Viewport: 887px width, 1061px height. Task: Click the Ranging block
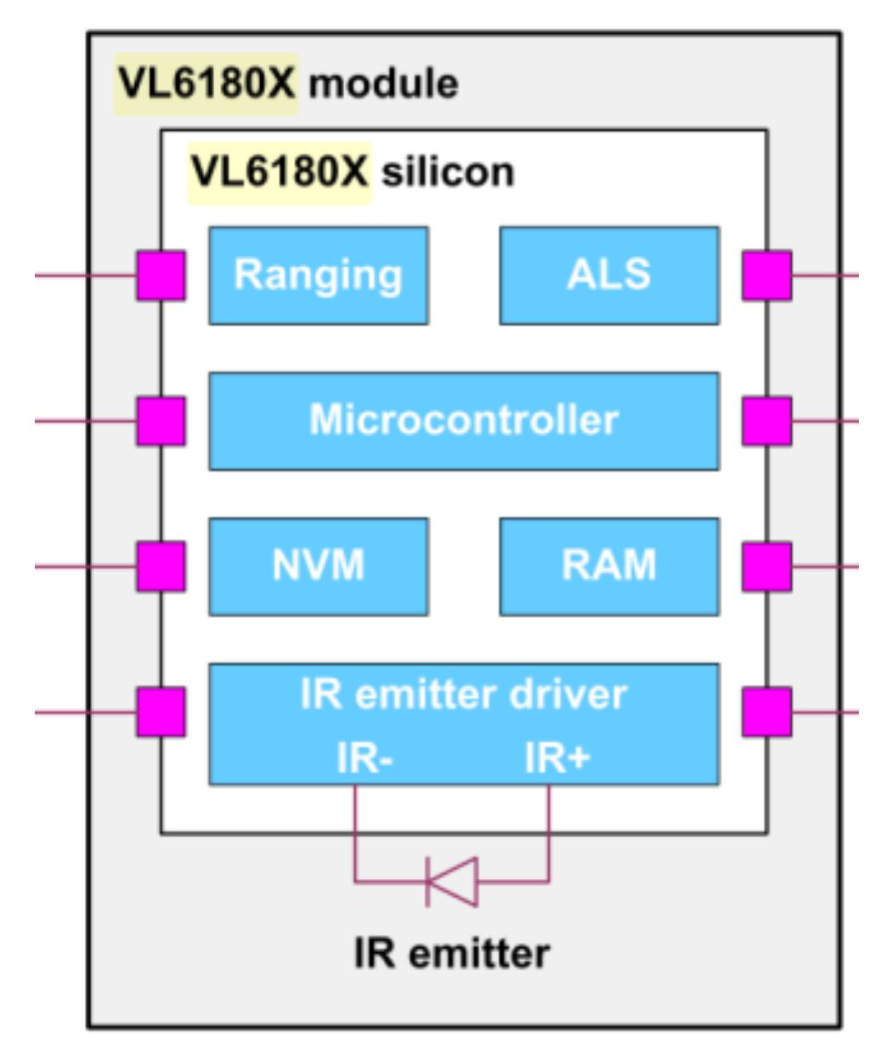tap(319, 275)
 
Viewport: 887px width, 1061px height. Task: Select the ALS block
tap(609, 275)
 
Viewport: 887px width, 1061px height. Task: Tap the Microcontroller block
tap(464, 421)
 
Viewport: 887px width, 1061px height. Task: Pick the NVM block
tap(319, 566)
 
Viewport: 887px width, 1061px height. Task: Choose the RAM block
tap(609, 566)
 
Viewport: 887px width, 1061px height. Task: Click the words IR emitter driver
tap(464, 695)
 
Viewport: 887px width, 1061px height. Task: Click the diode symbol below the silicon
tap(452, 881)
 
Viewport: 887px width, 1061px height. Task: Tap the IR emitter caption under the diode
tap(452, 954)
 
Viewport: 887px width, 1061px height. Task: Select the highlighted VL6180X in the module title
tap(206, 83)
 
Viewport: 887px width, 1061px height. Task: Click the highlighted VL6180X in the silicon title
tap(280, 173)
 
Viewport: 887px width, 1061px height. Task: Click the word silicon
tap(448, 173)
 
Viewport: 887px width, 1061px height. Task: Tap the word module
tap(383, 83)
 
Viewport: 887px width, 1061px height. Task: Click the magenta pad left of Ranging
tap(161, 275)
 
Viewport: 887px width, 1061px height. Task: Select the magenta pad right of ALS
tap(766, 275)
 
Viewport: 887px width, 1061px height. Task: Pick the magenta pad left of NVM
tap(161, 566)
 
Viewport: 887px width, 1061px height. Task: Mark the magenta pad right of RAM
tap(766, 566)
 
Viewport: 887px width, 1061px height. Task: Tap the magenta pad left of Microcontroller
tap(161, 421)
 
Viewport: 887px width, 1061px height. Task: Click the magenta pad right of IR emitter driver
tap(766, 712)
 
